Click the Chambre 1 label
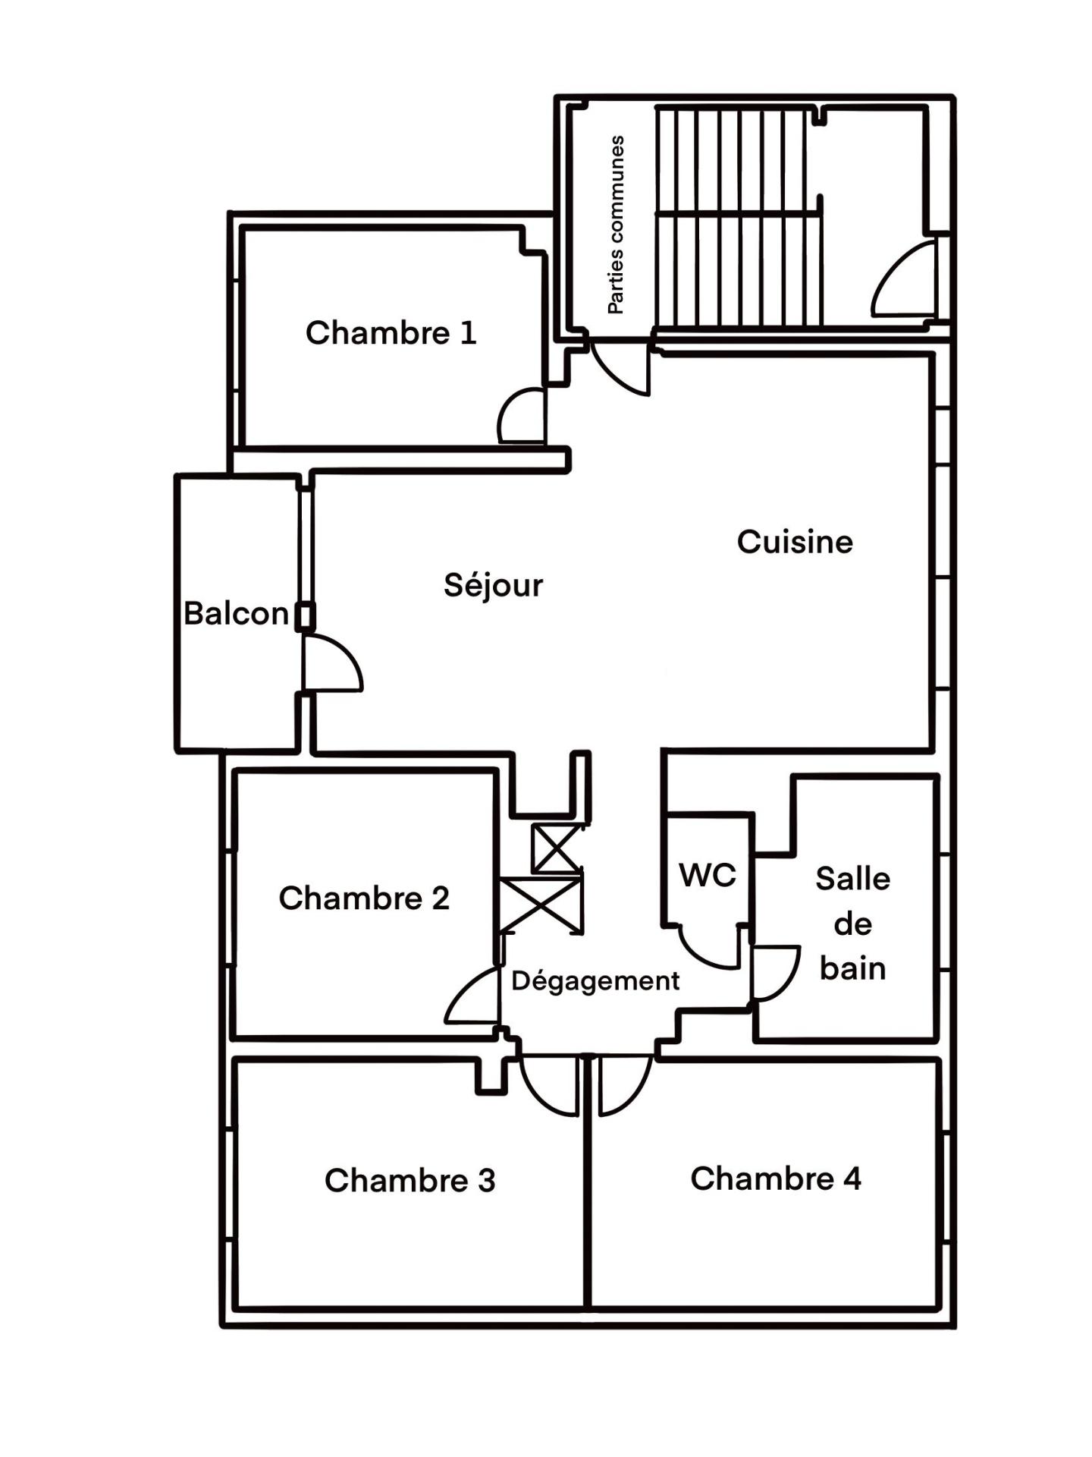point(391,333)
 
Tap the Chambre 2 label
point(364,898)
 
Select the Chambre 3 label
point(409,1181)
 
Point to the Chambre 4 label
point(776,1179)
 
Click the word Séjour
point(494,586)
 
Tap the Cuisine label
point(795,542)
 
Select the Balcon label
point(236,613)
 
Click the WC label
point(708,875)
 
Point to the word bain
point(852,968)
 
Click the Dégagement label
point(595,981)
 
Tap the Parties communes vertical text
point(616,225)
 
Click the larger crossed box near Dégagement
point(541,905)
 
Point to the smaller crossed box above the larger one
point(557,848)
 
